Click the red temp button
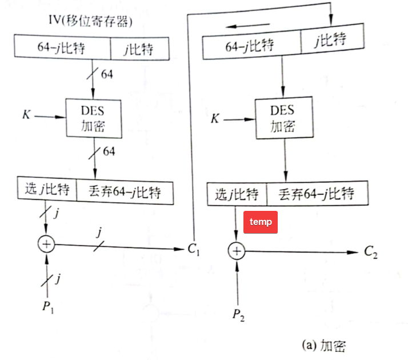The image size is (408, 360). pyautogui.click(x=261, y=222)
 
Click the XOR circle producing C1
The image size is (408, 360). pyautogui.click(x=46, y=245)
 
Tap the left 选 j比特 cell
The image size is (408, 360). pyautogui.click(x=47, y=190)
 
